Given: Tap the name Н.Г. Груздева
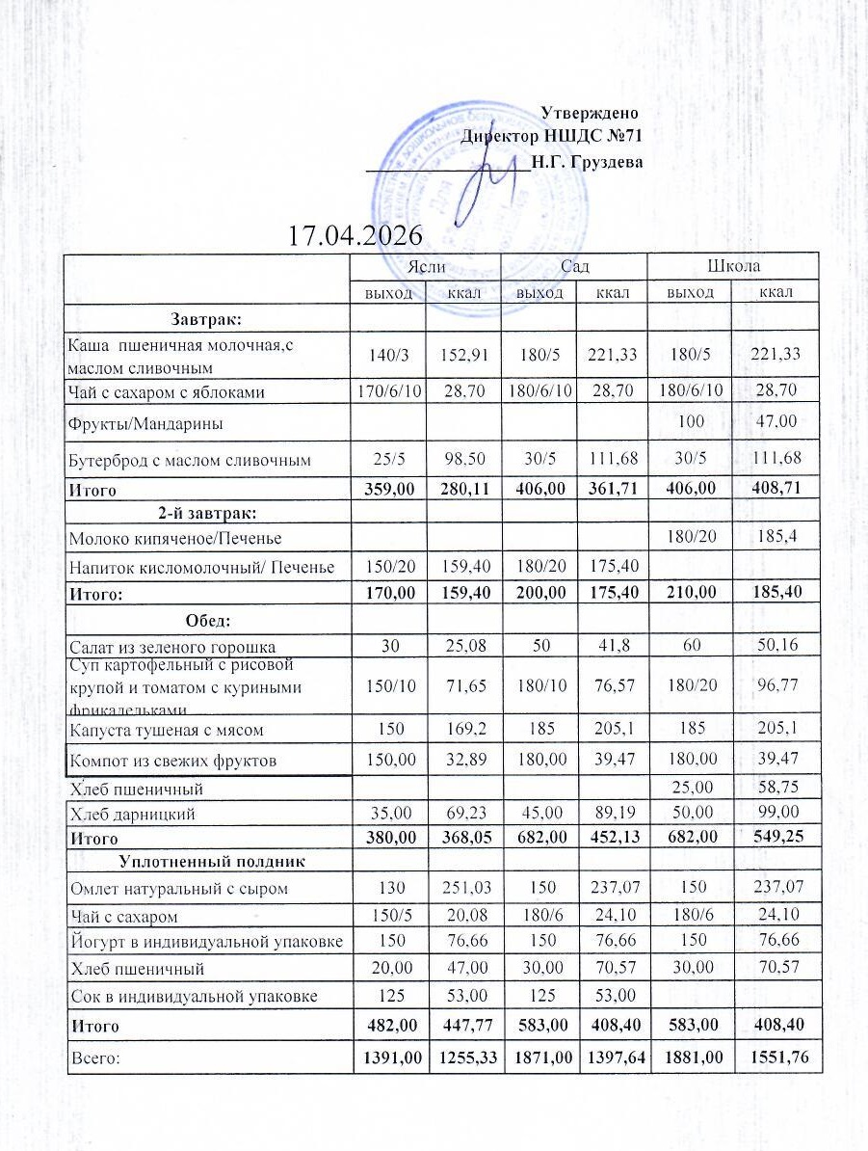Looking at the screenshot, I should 587,161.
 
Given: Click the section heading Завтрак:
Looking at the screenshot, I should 206,316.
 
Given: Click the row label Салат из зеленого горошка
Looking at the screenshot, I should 171,646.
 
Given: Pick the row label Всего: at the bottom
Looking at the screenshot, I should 92,1057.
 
